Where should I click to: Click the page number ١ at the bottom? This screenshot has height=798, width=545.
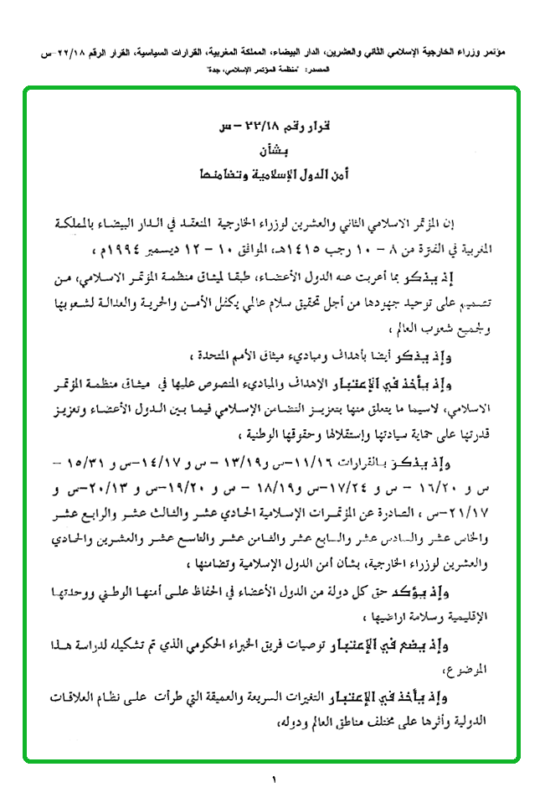(x=273, y=781)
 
